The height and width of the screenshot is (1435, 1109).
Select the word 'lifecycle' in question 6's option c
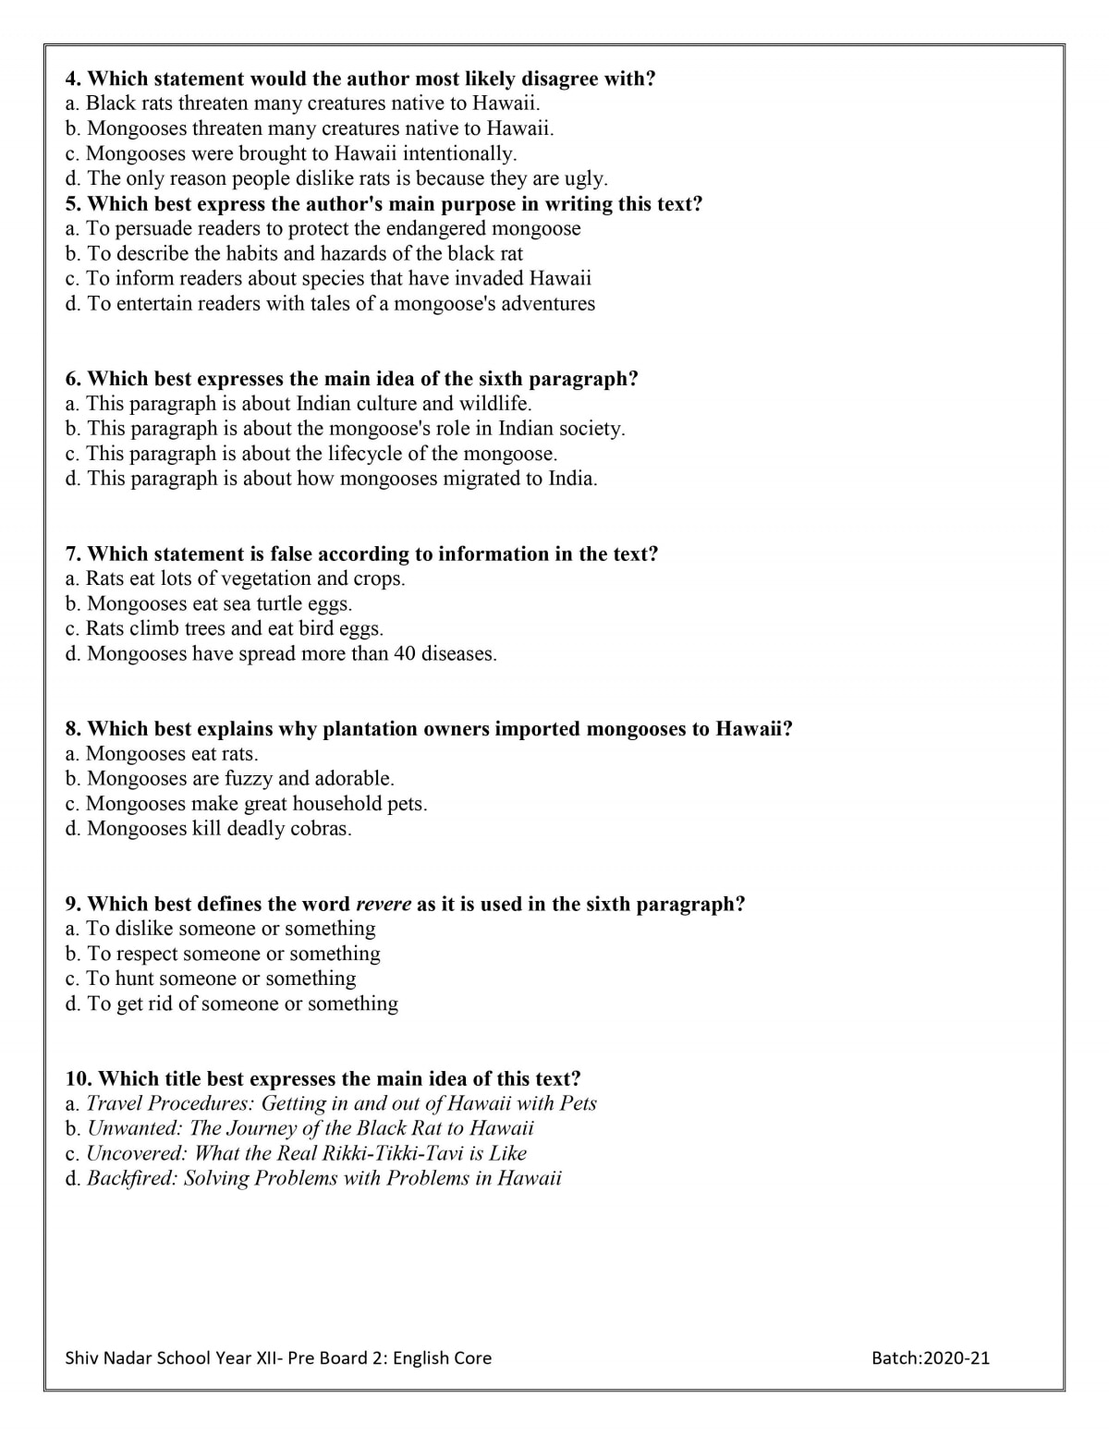tap(369, 454)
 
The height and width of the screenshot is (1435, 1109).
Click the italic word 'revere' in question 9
tap(384, 904)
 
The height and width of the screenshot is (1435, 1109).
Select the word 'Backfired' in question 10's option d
tap(130, 1178)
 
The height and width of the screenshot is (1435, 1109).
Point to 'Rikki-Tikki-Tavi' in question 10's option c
tap(391, 1153)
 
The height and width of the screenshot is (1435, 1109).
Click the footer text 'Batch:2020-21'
tap(930, 1357)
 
